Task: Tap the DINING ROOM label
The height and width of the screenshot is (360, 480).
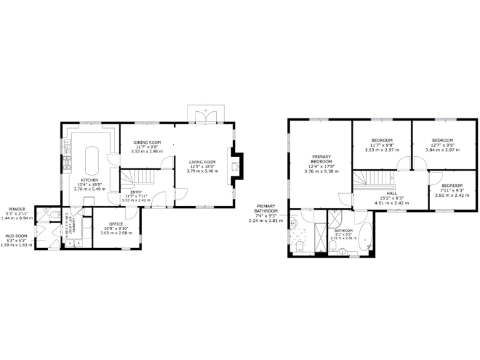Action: coord(147,142)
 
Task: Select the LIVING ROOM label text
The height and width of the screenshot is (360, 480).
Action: coord(202,162)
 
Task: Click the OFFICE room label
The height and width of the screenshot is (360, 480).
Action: coord(116,224)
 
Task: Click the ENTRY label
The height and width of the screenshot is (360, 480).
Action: coord(136,192)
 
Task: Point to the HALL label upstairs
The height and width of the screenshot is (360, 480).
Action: coord(391,193)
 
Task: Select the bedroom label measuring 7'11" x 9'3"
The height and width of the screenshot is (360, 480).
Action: coord(451,186)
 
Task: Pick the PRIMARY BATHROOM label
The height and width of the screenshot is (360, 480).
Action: coord(266,208)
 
